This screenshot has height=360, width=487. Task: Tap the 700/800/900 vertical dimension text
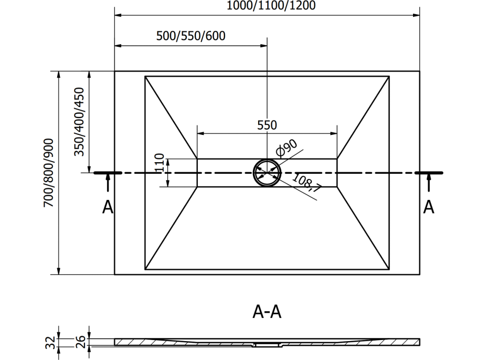pyautogui.click(x=49, y=173)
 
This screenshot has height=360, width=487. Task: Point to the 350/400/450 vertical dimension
pyautogui.click(x=79, y=122)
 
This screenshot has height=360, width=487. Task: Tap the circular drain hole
pyautogui.click(x=267, y=173)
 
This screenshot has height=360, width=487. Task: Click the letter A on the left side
pyautogui.click(x=108, y=207)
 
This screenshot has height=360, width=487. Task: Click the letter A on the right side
pyautogui.click(x=429, y=207)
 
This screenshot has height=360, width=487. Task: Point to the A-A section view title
pyautogui.click(x=267, y=312)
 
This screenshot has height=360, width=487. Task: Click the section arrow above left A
pyautogui.click(x=108, y=184)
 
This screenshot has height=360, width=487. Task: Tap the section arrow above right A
pyautogui.click(x=429, y=184)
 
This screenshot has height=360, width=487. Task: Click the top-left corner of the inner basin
pyautogui.click(x=145, y=77)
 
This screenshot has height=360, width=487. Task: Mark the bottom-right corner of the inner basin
pyautogui.click(x=389, y=268)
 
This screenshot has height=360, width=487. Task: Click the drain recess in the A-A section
pyautogui.click(x=267, y=345)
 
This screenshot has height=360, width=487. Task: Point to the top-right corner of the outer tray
pyautogui.click(x=420, y=71)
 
